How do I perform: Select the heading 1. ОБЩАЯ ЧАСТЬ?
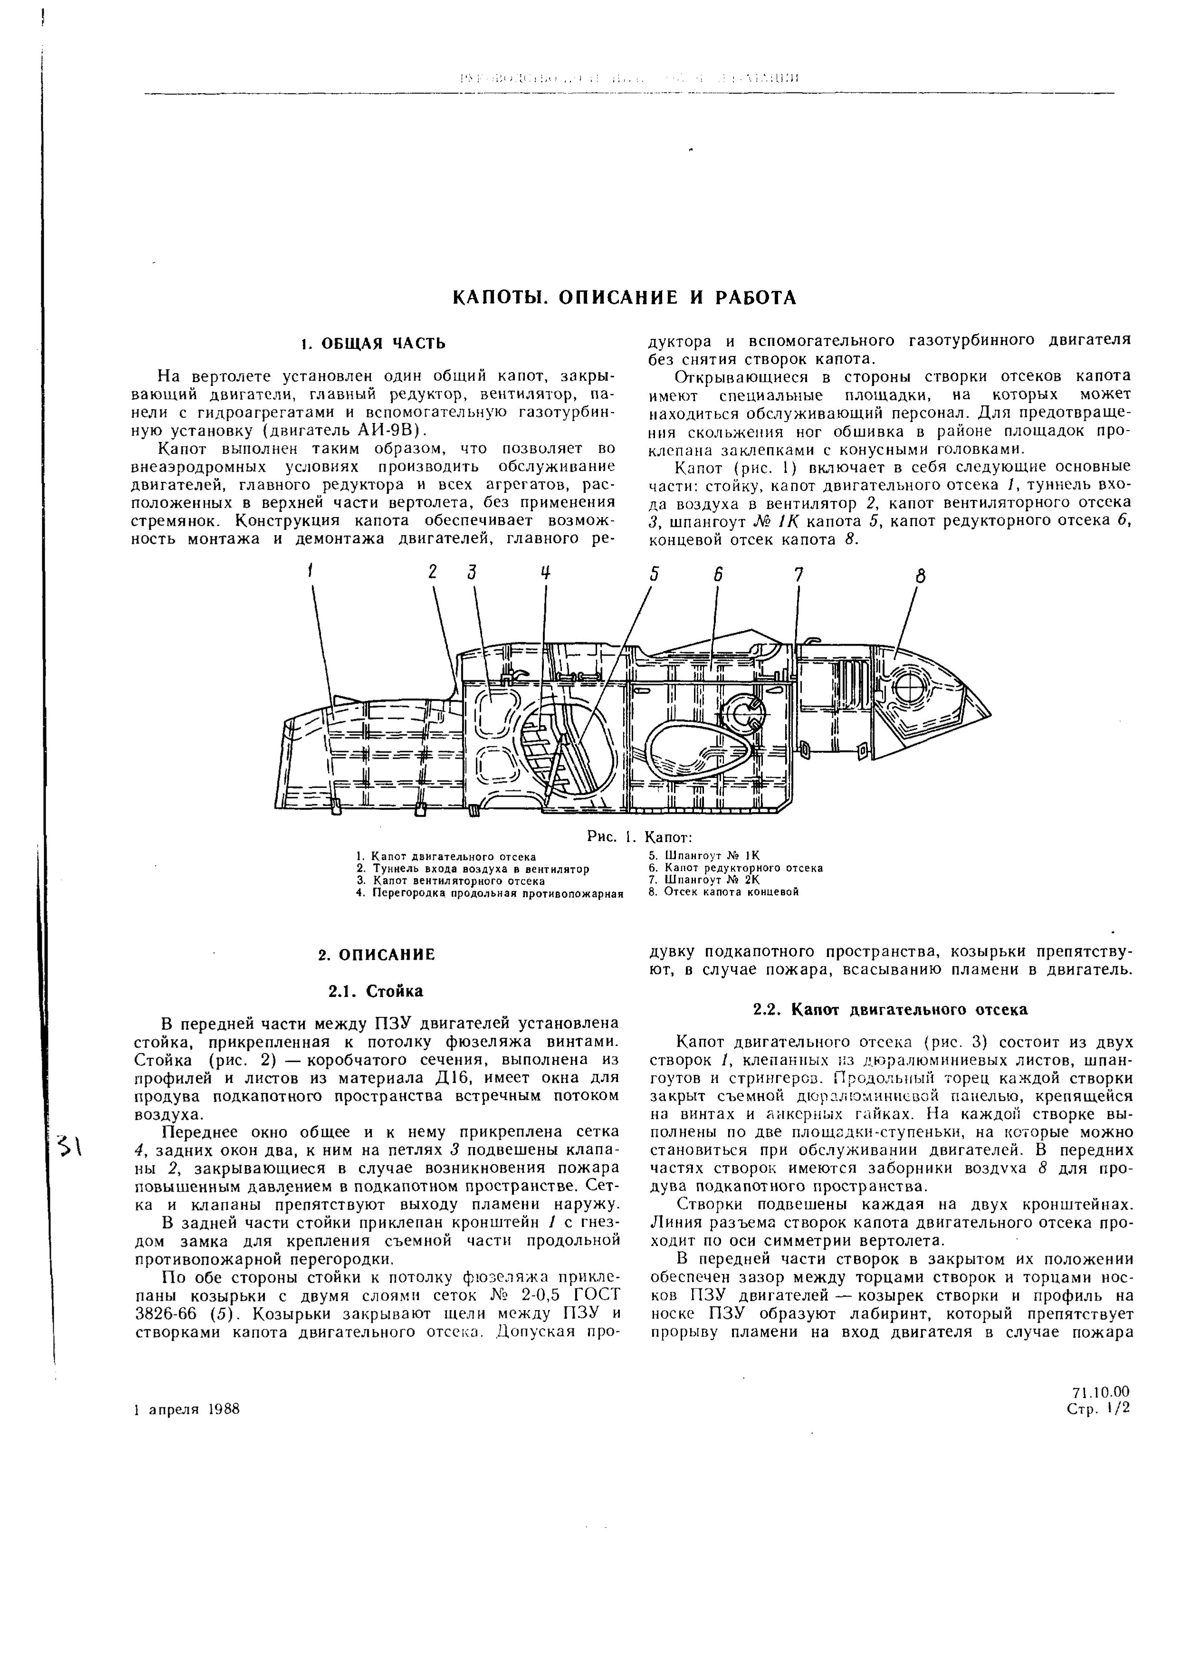tap(373, 343)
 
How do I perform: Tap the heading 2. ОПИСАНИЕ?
tap(376, 954)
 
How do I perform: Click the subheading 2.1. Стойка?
tap(375, 991)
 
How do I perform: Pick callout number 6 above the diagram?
tap(717, 574)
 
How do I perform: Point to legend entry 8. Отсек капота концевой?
tap(723, 891)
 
